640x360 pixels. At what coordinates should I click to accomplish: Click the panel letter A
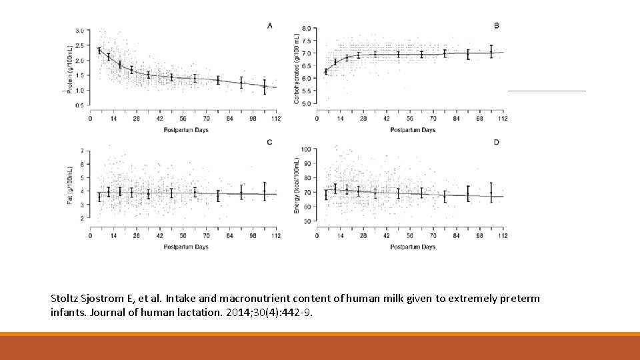pos(269,25)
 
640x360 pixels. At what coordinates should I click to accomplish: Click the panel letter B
pos(496,25)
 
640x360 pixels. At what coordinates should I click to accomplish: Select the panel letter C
pos(269,142)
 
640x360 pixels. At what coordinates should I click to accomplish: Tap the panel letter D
pos(496,142)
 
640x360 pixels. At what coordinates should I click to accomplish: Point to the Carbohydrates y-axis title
pos(296,68)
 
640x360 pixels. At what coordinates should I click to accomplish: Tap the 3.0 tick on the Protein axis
pos(79,31)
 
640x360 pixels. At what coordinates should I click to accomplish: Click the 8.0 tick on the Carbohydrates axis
pos(305,28)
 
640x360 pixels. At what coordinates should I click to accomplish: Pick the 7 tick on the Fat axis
pos(81,151)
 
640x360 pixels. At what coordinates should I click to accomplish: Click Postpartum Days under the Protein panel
pos(186,130)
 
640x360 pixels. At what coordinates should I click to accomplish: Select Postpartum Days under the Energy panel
pos(413,247)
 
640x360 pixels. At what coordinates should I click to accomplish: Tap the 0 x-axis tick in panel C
pos(91,235)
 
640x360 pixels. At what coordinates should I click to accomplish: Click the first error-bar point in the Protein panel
pos(99,50)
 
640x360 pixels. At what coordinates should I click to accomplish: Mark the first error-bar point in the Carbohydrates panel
pos(326,71)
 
